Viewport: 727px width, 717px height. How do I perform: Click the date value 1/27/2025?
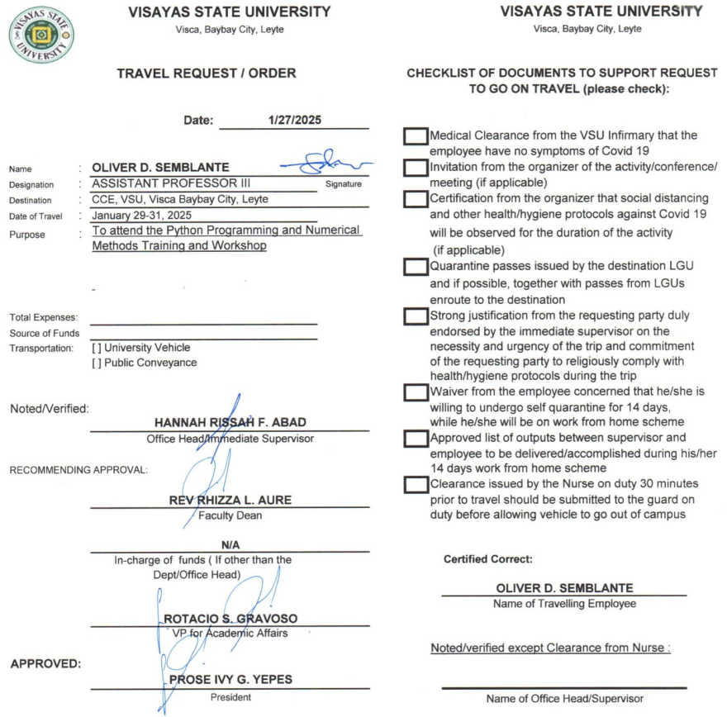[296, 120]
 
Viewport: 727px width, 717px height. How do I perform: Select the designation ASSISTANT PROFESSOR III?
[171, 183]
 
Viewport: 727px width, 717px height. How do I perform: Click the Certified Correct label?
[488, 559]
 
